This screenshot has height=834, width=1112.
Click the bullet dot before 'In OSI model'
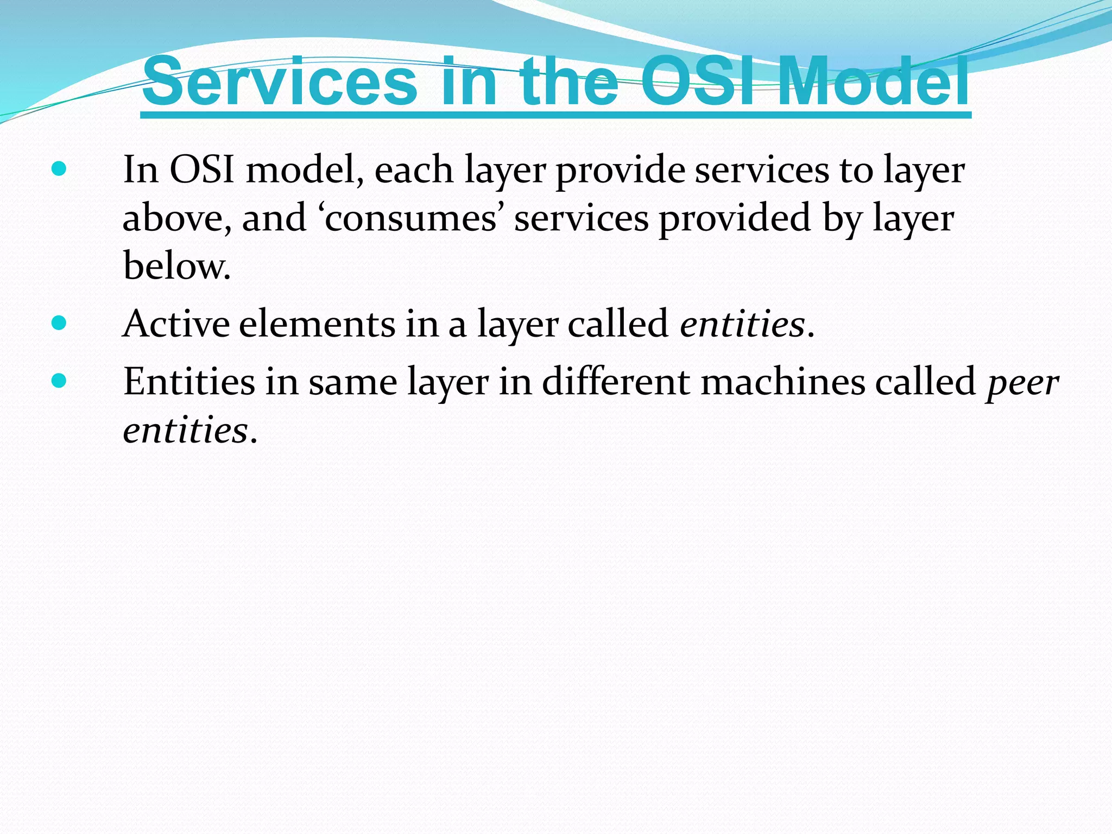(59, 169)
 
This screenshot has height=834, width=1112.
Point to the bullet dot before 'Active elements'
(59, 323)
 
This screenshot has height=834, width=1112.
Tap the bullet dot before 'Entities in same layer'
(59, 381)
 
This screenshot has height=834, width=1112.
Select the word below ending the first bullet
(176, 266)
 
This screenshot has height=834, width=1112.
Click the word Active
(176, 324)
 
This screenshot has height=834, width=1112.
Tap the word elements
(317, 324)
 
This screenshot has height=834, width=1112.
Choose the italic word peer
(1022, 383)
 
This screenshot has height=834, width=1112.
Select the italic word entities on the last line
(185, 430)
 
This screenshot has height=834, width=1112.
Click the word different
(616, 382)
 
